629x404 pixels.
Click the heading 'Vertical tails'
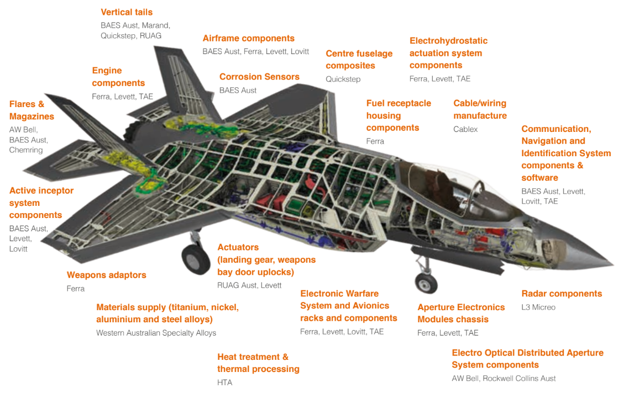click(127, 12)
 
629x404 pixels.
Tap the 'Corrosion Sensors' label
click(259, 77)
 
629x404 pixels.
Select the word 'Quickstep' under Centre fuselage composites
click(343, 79)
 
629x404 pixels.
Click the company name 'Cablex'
click(465, 129)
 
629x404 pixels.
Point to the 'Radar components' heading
click(562, 294)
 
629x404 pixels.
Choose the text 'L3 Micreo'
click(538, 307)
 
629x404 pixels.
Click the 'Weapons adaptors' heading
click(107, 275)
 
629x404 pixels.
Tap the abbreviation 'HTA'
click(225, 382)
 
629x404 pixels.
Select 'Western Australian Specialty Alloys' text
click(156, 333)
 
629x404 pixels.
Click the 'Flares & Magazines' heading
click(32, 110)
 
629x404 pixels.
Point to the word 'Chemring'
click(26, 150)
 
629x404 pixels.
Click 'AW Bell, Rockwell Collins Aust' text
click(504, 379)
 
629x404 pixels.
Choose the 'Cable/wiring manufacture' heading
click(480, 109)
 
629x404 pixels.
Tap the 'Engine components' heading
click(118, 77)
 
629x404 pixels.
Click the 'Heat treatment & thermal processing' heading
click(258, 363)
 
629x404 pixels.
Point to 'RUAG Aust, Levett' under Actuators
click(249, 285)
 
